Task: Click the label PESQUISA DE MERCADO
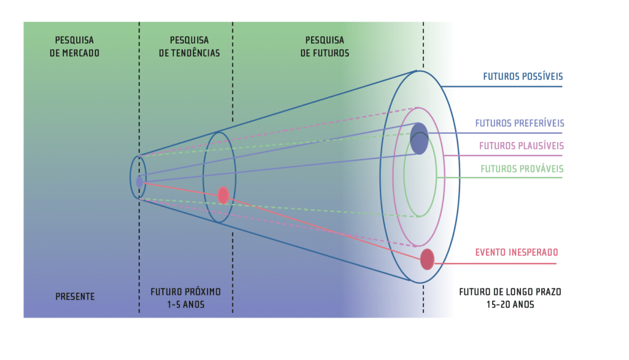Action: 74,47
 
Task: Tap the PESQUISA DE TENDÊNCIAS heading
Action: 189,47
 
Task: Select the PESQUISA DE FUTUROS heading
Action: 324,47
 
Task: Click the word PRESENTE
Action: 74,296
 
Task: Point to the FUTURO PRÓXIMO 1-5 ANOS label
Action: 186,297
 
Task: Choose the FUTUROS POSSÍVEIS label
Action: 523,77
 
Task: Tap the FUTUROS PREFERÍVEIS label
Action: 519,123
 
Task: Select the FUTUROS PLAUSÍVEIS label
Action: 522,146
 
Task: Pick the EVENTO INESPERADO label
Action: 517,252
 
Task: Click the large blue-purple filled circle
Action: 419,138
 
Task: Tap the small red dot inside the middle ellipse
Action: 223,195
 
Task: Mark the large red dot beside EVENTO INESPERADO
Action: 427,259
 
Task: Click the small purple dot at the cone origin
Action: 139,181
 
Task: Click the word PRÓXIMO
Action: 202,291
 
